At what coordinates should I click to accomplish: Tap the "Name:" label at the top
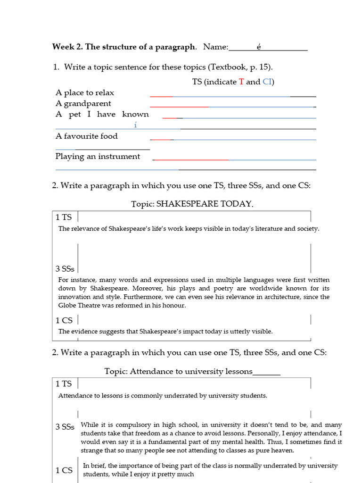tap(215, 47)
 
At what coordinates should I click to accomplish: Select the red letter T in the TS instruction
tap(241, 82)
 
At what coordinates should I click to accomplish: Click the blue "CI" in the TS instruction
tap(267, 82)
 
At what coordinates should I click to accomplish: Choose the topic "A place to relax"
tap(85, 92)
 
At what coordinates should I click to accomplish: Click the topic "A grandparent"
tap(83, 103)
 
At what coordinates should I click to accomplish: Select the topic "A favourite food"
tap(87, 136)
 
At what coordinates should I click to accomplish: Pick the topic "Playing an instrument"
tap(98, 157)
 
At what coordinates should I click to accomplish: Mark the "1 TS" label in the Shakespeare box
tap(64, 217)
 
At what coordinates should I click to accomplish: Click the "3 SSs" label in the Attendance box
tap(65, 427)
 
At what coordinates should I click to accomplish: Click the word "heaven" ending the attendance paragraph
tap(282, 450)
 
